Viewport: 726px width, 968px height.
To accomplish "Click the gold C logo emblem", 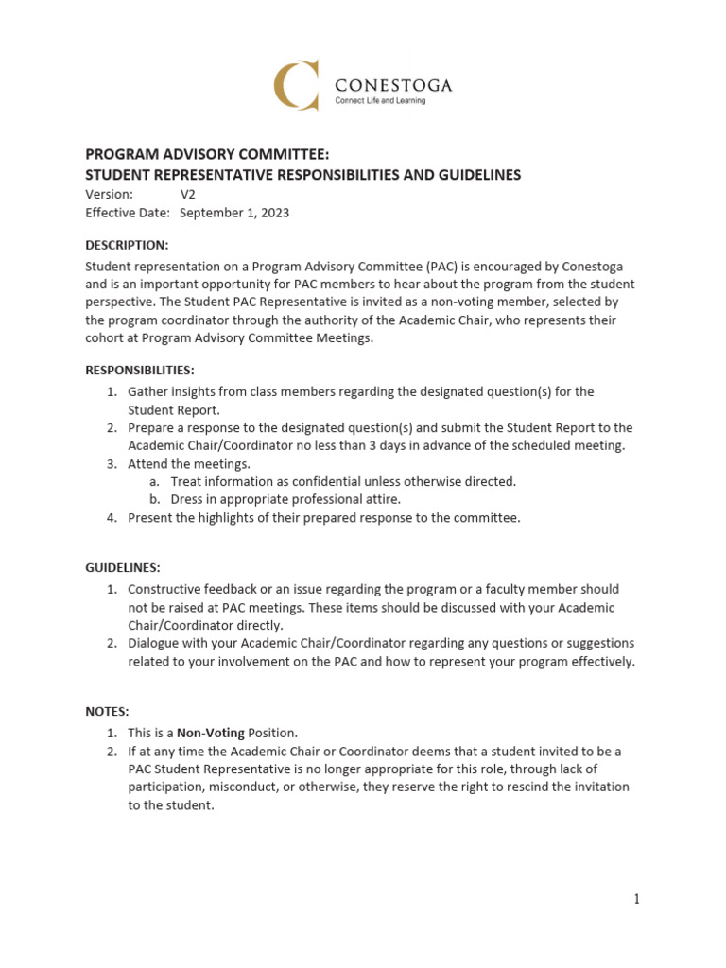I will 296,84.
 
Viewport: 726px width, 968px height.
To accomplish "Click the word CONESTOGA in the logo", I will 394,85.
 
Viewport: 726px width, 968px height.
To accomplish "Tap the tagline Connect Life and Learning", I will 381,102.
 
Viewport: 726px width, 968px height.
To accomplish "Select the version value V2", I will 188,194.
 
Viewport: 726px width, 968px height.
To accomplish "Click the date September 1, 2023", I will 234,213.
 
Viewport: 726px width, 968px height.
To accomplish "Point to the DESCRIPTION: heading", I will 128,245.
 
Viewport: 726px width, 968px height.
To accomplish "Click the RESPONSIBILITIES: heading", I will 140,370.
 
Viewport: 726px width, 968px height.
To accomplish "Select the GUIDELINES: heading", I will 123,567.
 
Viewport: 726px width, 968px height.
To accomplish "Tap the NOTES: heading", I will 107,710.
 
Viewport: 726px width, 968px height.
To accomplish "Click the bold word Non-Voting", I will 211,733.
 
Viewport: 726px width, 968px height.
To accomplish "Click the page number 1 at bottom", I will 637,899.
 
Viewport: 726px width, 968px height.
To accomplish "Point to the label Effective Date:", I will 128,213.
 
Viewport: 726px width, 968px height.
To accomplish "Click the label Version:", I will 110,194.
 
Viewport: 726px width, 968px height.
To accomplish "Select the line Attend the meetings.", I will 189,463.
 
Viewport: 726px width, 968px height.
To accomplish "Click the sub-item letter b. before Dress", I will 154,499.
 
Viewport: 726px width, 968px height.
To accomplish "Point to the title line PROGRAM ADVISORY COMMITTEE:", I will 208,154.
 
